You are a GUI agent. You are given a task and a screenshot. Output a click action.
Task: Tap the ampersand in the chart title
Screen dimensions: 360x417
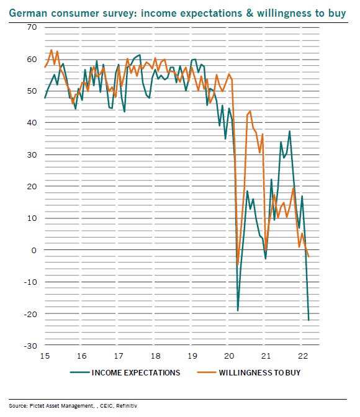click(x=250, y=13)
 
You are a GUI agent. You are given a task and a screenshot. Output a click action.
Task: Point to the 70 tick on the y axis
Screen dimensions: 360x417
click(x=32, y=27)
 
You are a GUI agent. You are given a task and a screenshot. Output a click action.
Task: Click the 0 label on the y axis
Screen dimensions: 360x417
click(x=34, y=250)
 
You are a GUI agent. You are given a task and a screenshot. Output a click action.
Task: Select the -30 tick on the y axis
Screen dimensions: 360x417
click(x=30, y=346)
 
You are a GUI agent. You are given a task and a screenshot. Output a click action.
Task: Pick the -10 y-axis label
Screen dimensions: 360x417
click(x=30, y=282)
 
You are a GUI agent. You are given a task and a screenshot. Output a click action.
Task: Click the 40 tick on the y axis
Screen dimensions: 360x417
click(x=32, y=123)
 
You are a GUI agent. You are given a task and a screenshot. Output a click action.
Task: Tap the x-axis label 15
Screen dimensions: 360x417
click(x=45, y=356)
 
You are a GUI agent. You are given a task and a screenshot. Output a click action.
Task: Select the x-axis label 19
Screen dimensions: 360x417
click(x=192, y=356)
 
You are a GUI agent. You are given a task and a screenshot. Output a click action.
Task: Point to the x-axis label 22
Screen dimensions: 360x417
click(x=303, y=356)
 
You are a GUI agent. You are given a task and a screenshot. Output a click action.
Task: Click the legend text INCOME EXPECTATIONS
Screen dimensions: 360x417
click(x=136, y=372)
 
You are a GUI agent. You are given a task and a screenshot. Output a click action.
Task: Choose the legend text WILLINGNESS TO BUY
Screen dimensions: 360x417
click(x=259, y=372)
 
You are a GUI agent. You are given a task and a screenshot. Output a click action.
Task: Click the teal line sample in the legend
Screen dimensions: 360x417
click(x=79, y=372)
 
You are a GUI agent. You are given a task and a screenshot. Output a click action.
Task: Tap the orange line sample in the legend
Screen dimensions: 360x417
click(x=207, y=372)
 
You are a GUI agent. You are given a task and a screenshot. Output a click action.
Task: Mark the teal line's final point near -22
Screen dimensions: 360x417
click(x=308, y=320)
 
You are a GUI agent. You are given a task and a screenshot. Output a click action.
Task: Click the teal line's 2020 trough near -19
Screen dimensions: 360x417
click(x=238, y=310)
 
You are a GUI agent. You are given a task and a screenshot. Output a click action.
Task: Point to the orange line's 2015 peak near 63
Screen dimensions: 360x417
click(x=52, y=50)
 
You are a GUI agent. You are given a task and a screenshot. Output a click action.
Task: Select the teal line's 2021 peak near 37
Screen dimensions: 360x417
click(x=289, y=131)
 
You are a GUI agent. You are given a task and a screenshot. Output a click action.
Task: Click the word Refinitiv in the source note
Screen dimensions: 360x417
click(x=127, y=406)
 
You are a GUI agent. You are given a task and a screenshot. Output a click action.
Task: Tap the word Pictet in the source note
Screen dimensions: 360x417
click(x=36, y=406)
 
